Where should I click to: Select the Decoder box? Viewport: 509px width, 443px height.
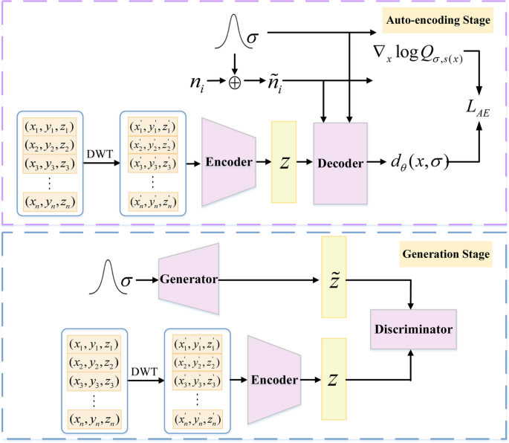340,161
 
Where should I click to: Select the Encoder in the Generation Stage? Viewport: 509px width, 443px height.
274,379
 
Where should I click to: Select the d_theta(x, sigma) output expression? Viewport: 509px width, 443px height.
418,161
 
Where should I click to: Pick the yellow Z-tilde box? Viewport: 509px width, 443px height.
334,279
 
